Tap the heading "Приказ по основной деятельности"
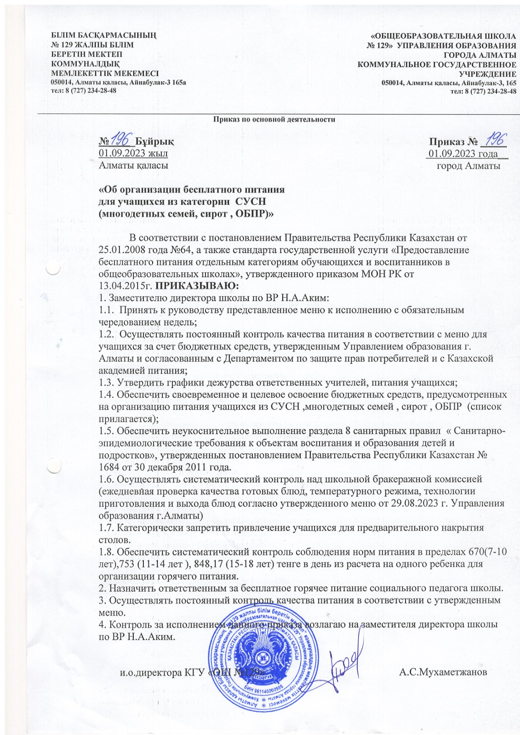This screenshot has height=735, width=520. click(274, 119)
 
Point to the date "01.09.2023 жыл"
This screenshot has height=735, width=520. click(133, 153)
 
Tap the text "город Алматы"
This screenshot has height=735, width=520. click(469, 165)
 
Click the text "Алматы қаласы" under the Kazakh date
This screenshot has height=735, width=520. click(133, 165)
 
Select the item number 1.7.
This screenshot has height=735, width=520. click(106, 528)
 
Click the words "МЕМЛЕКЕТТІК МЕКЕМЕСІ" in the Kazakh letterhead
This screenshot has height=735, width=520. click(105, 73)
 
